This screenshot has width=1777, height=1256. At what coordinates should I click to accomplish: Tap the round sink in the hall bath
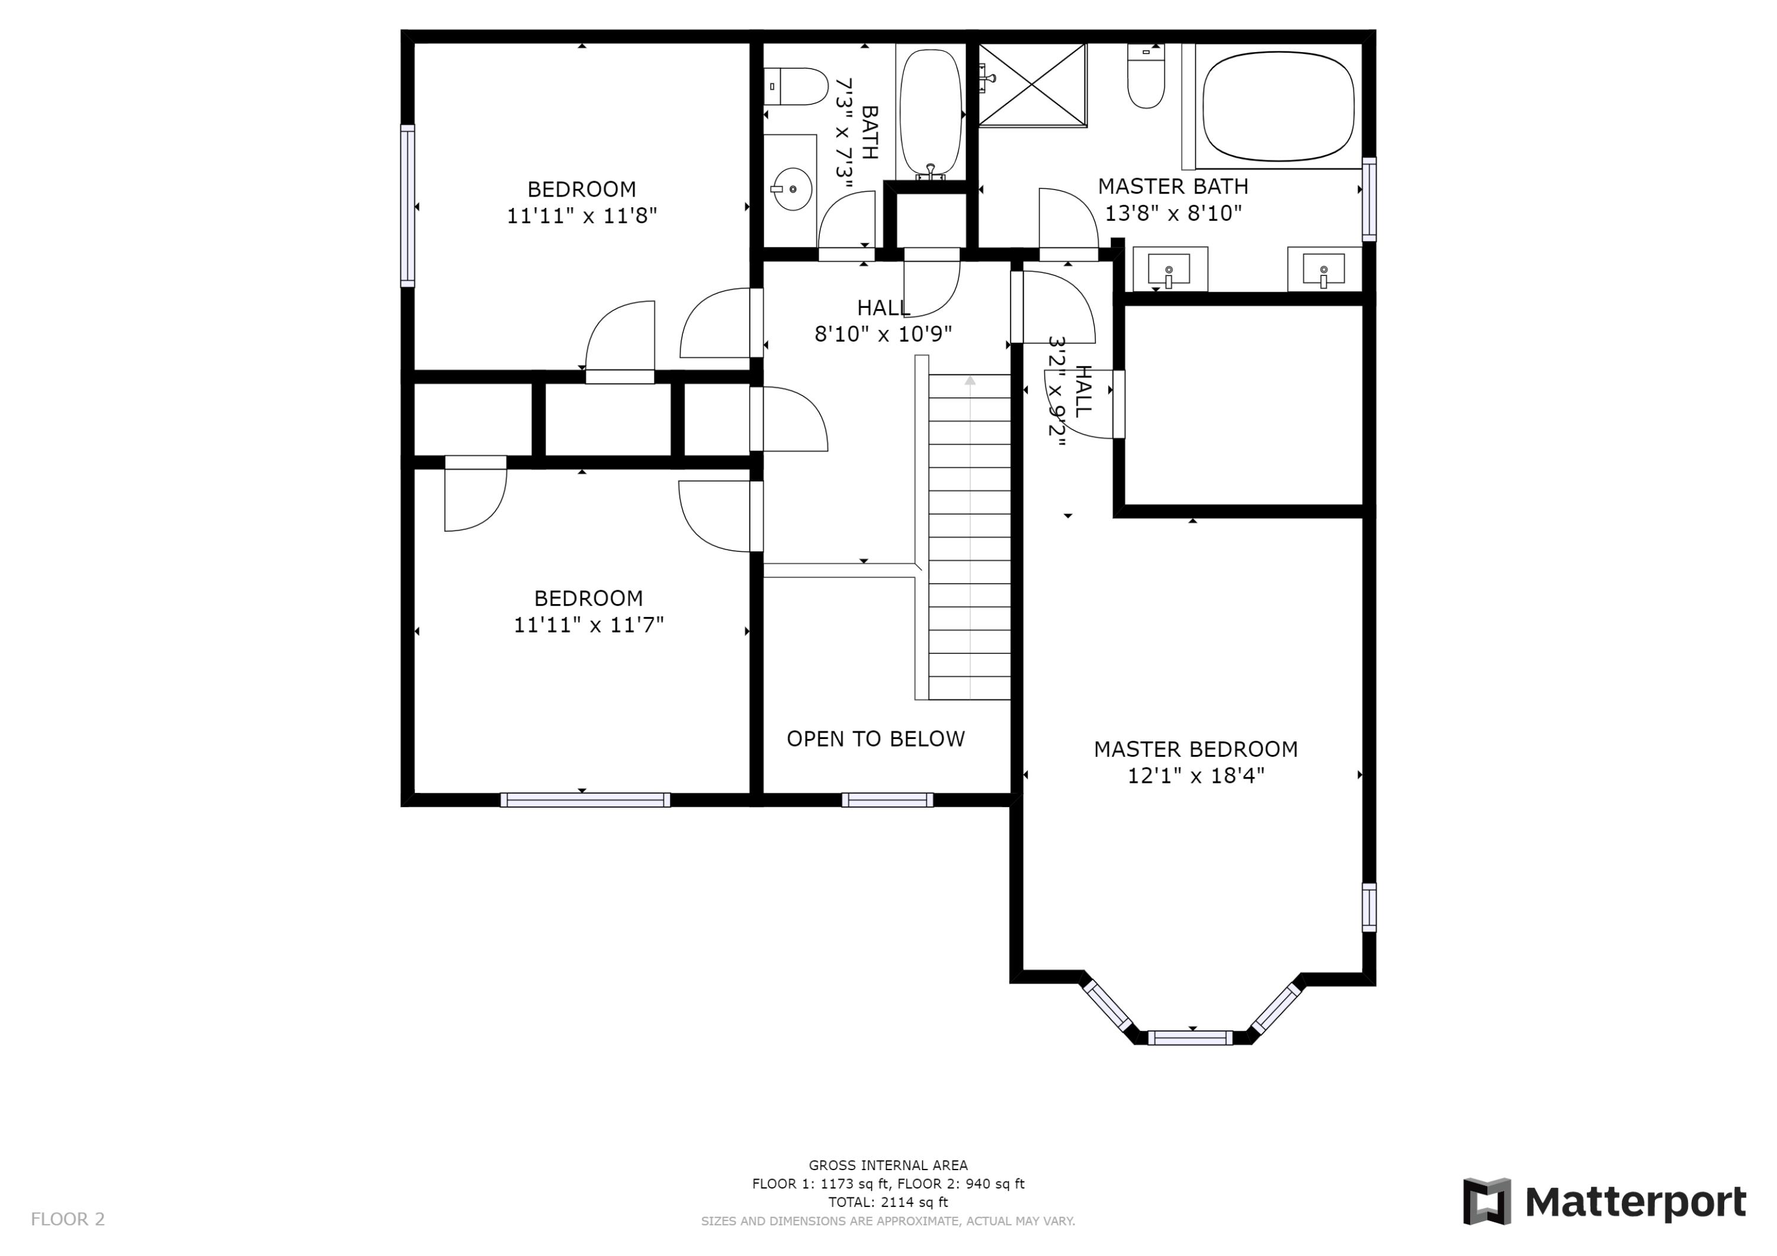click(793, 189)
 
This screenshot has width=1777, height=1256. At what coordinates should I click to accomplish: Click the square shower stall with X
click(1032, 84)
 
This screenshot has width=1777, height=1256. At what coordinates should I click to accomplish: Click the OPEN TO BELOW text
click(875, 739)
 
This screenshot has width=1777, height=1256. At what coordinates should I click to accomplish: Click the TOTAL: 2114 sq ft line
click(888, 1202)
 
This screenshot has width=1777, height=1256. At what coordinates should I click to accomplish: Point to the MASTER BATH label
click(1173, 187)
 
